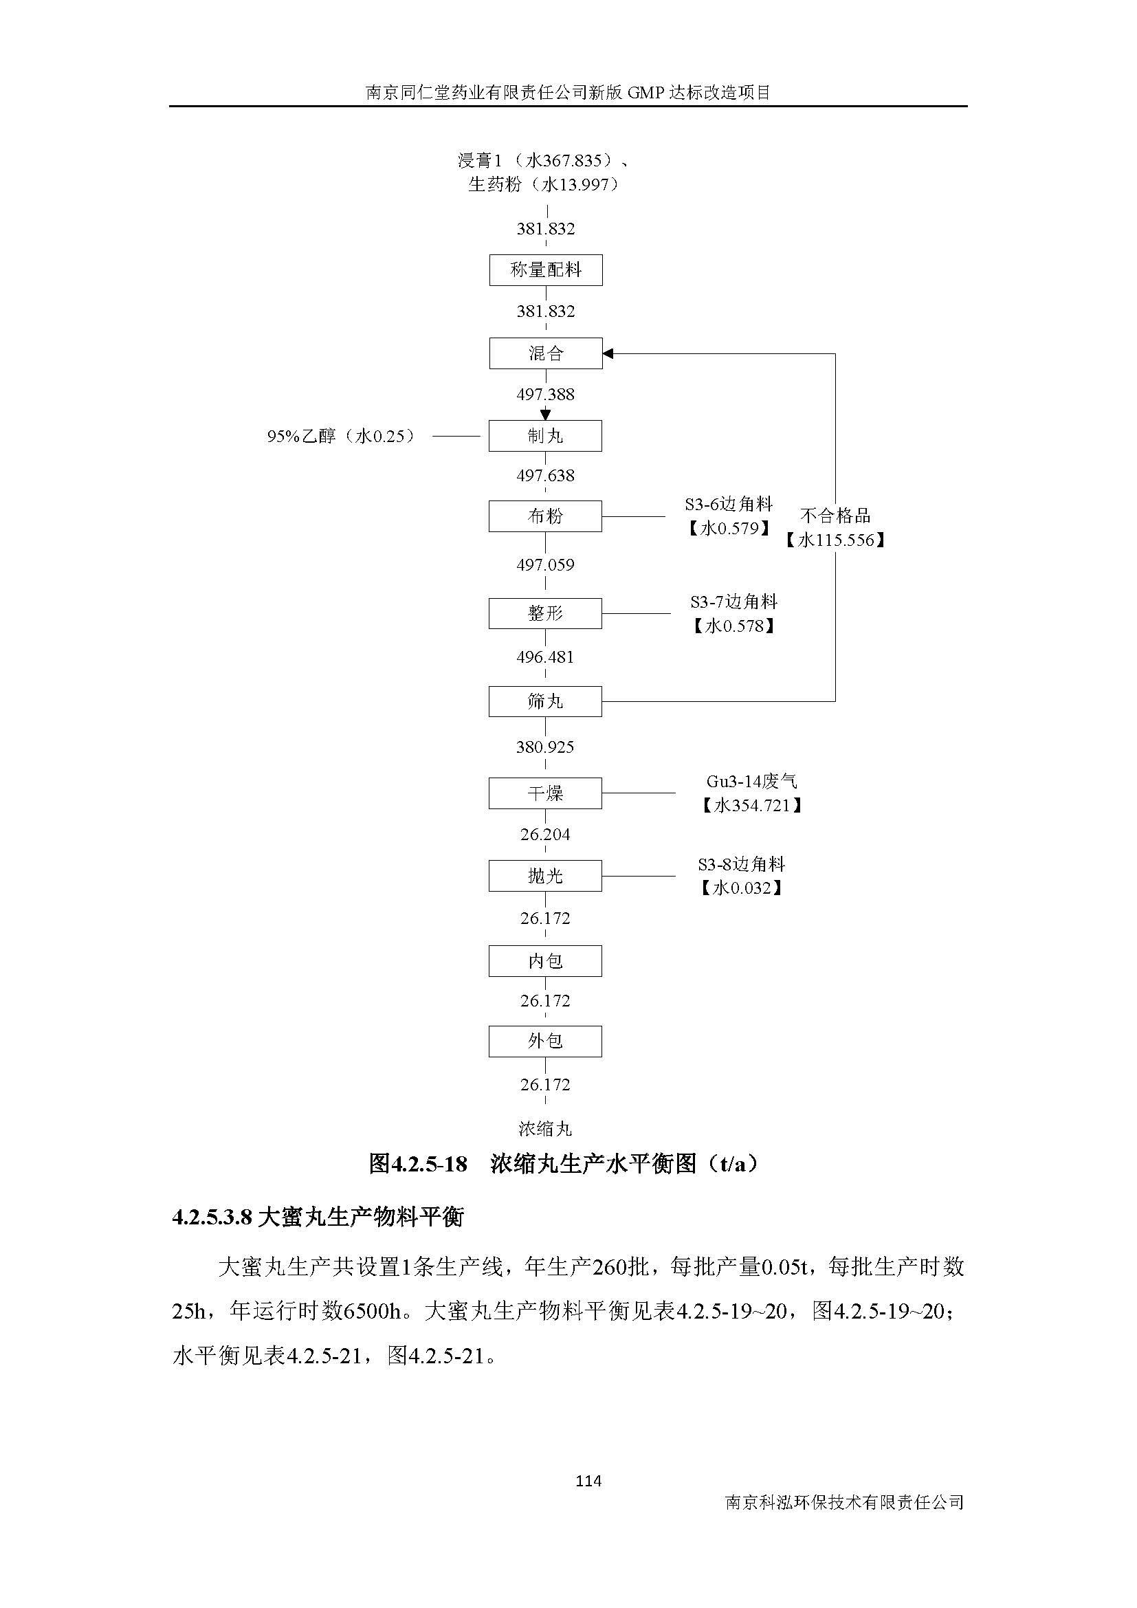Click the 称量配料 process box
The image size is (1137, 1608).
545,269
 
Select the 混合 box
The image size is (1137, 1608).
545,353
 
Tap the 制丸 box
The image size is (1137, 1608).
544,436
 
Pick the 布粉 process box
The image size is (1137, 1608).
544,516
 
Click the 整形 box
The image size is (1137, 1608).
544,613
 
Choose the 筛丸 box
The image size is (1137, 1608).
544,701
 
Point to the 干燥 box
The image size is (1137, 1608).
544,793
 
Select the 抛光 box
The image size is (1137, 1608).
544,875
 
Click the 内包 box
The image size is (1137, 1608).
544,961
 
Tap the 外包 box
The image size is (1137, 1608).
544,1041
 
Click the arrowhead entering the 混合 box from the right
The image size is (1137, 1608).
608,353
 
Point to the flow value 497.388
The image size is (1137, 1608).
545,395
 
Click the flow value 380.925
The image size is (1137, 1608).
544,747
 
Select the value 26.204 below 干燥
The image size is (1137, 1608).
544,834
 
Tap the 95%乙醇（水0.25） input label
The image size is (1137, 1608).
341,437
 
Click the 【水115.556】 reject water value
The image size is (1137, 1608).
835,540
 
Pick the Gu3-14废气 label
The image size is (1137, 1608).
751,781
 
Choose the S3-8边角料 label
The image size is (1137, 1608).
742,864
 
